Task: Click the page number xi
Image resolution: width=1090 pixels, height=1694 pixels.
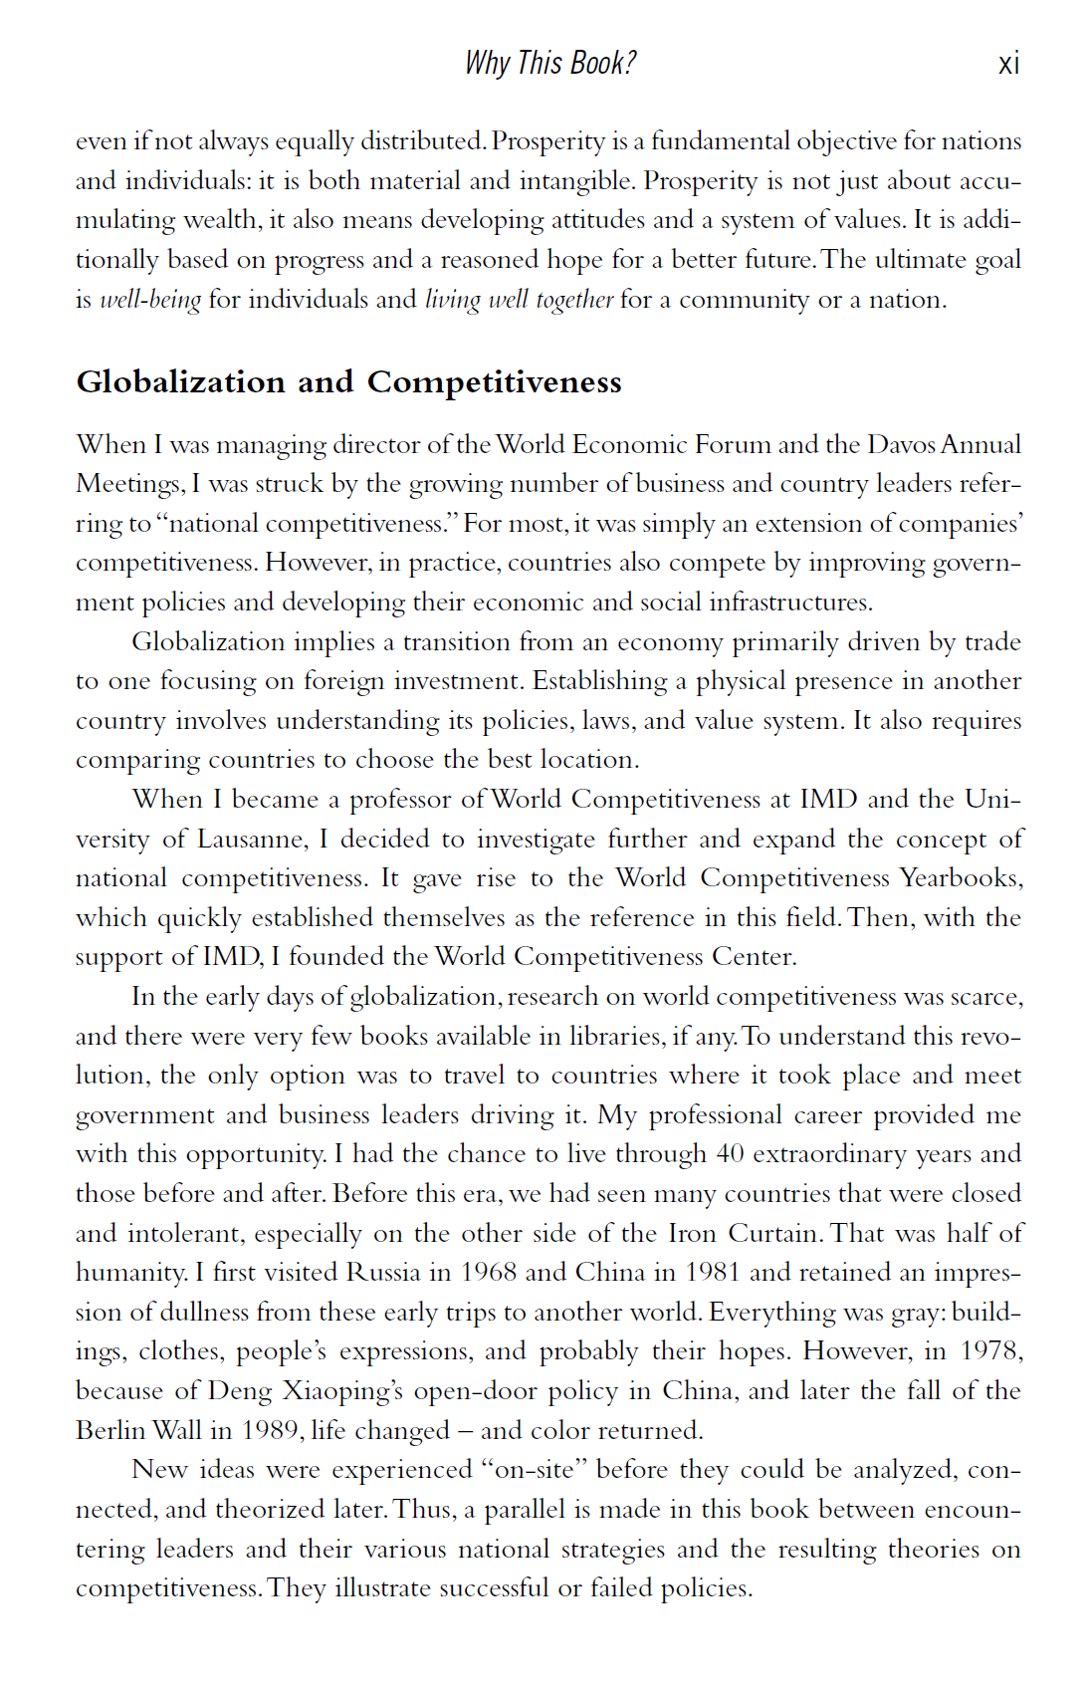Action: point(1008,65)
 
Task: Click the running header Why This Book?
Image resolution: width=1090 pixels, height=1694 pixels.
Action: point(549,64)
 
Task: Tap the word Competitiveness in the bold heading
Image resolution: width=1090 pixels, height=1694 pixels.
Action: point(494,382)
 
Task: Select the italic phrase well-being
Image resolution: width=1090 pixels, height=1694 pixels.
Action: point(150,300)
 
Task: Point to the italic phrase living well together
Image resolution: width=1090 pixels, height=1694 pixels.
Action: point(519,300)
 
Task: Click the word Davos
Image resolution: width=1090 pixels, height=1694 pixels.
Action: point(902,444)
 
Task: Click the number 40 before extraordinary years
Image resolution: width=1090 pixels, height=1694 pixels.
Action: point(730,1154)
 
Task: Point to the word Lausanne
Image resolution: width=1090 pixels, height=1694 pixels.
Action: point(251,840)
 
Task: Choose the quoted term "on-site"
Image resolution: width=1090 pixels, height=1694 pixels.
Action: point(534,1470)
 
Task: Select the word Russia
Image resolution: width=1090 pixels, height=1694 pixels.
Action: point(383,1273)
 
